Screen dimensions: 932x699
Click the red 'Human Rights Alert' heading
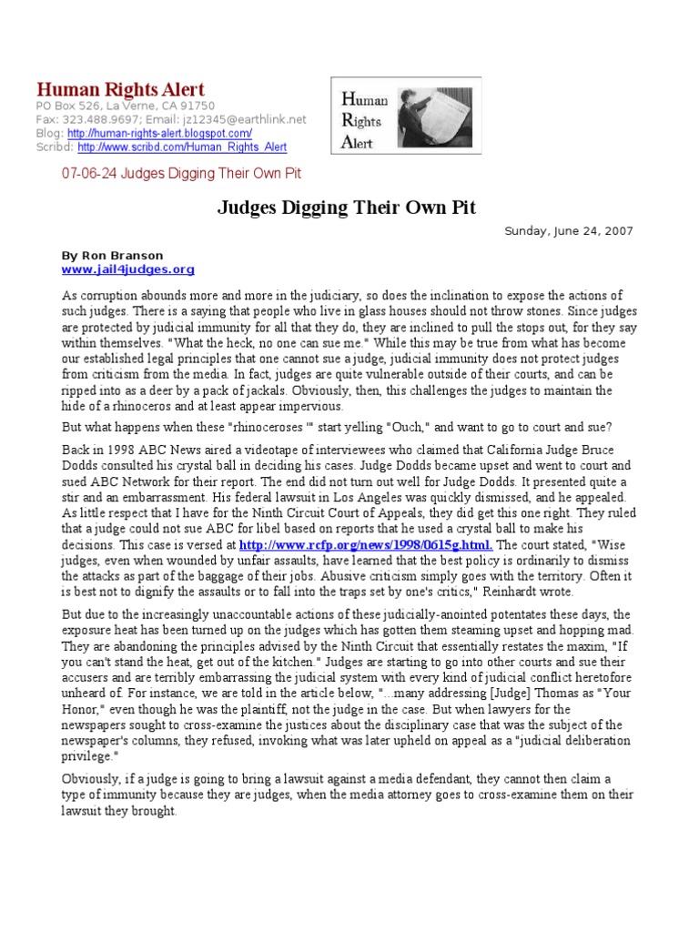pyautogui.click(x=120, y=89)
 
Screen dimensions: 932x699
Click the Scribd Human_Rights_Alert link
pyautogui.click(x=182, y=147)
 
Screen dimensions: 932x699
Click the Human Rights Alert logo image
pyautogui.click(x=405, y=116)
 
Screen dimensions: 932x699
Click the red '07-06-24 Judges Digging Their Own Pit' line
pyautogui.click(x=180, y=173)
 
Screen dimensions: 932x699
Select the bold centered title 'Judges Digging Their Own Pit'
pyautogui.click(x=346, y=208)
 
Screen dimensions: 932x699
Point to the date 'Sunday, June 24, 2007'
pyautogui.click(x=569, y=231)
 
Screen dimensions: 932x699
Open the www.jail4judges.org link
pyautogui.click(x=127, y=269)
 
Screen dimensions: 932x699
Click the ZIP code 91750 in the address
pyautogui.click(x=196, y=106)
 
